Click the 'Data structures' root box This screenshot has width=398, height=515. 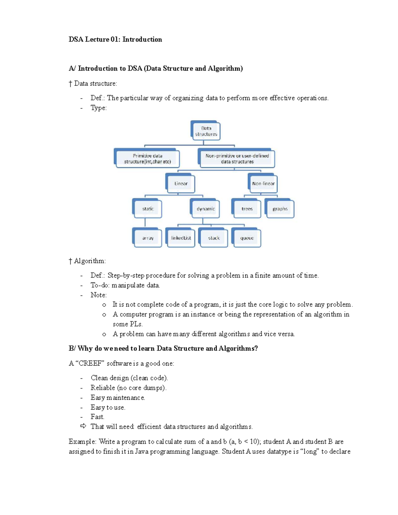coord(206,131)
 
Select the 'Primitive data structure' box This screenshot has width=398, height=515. coord(148,159)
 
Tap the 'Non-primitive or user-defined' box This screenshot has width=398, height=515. coord(237,159)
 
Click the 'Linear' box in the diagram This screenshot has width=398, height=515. coord(181,183)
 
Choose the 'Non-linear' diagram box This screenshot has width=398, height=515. coord(263,183)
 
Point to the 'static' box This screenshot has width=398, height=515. coord(148,209)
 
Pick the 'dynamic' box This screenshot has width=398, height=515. coord(206,209)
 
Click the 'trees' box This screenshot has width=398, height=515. coord(247,209)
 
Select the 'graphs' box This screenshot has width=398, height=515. coord(280,209)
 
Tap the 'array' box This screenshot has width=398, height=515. coord(148,238)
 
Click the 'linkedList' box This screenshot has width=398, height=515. coord(181,238)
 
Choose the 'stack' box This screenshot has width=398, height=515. coord(214,238)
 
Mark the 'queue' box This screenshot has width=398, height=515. coord(247,238)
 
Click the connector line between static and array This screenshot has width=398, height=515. coord(145,223)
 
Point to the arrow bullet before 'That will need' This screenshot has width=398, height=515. coord(83,426)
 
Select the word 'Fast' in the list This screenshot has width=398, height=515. coord(97,417)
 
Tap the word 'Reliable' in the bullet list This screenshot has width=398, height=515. coord(103,388)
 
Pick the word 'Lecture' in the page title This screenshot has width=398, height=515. coord(97,39)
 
